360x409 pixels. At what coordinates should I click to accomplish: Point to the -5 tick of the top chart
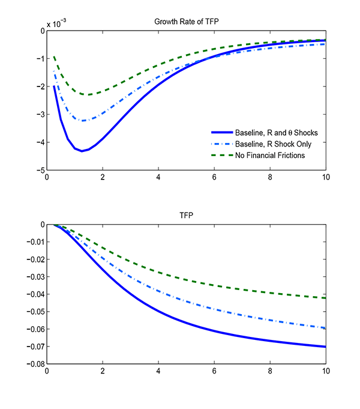click(40, 171)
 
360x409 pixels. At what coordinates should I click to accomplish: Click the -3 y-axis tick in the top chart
click(40, 115)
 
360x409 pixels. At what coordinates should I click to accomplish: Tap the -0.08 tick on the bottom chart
click(35, 365)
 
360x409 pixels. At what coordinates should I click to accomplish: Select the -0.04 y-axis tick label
click(35, 295)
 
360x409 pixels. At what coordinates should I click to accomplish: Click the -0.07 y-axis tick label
click(35, 347)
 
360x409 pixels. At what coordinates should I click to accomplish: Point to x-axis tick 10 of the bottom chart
click(325, 372)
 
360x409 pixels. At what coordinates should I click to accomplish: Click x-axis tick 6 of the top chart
click(214, 178)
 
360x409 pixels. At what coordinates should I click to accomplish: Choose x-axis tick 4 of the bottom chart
click(158, 372)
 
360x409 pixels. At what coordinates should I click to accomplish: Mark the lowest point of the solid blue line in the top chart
click(82, 151)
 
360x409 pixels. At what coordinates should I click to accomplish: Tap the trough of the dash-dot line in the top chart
click(83, 121)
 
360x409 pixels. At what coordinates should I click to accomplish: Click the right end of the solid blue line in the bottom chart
click(325, 347)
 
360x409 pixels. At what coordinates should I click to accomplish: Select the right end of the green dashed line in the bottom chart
click(325, 298)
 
